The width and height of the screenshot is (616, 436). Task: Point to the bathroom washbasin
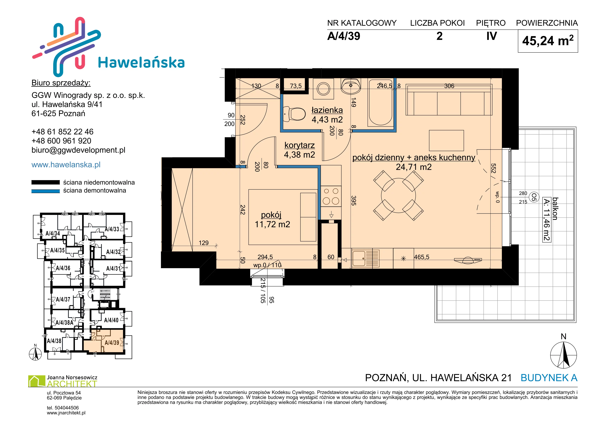[350, 86]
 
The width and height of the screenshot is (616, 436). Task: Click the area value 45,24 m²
[548, 41]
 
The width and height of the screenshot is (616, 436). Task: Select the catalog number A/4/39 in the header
[344, 36]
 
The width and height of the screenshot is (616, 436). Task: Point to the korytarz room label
[299, 145]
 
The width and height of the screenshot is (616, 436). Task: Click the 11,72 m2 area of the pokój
[272, 224]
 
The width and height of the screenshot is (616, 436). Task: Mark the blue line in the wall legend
[46, 191]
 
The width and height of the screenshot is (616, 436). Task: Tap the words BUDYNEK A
[549, 378]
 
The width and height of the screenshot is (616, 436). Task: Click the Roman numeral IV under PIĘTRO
[491, 36]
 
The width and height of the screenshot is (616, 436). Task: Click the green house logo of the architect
[37, 381]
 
